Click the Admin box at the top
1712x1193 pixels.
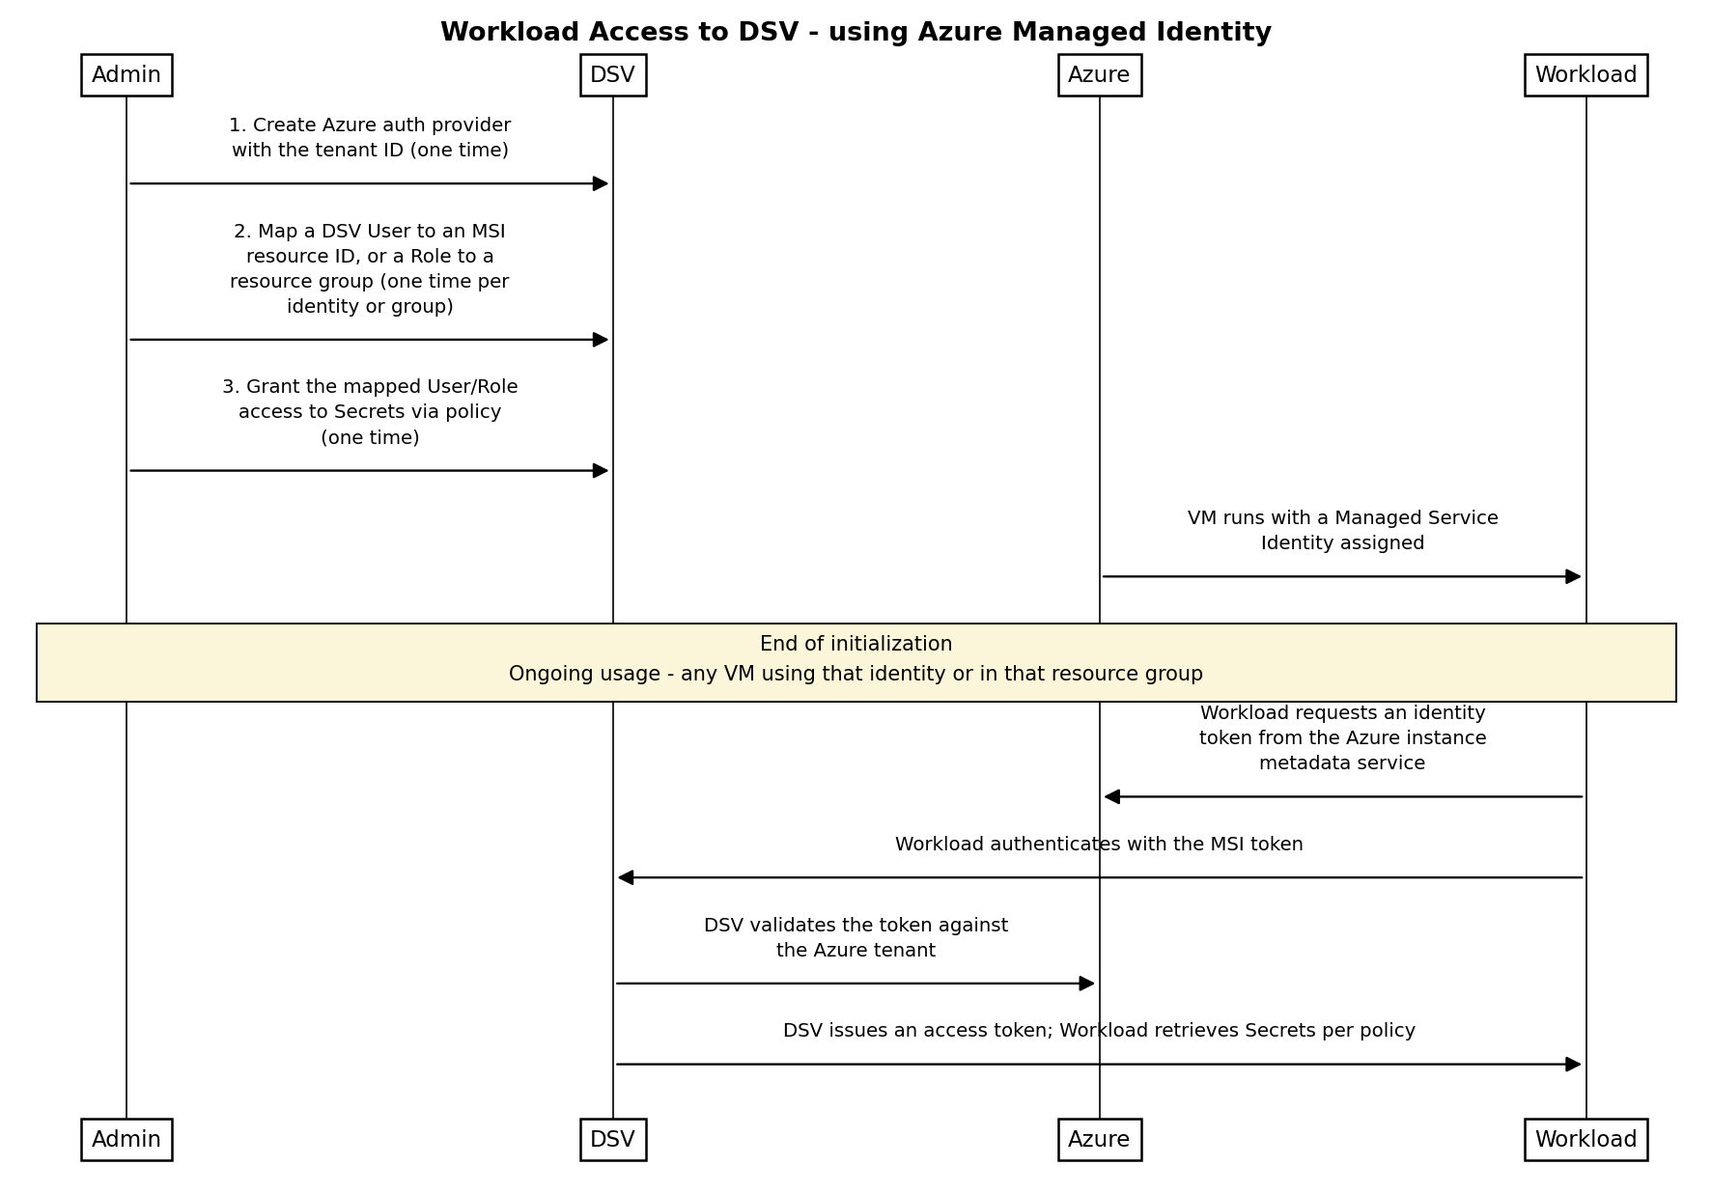coord(126,75)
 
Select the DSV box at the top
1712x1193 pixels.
coord(613,75)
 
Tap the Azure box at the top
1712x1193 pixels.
coord(1100,75)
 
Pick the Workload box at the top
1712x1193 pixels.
coord(1586,75)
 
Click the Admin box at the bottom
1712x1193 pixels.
coord(126,1140)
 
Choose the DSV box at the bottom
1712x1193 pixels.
coord(613,1140)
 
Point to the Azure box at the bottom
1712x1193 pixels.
coord(1100,1140)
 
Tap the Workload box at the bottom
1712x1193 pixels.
coord(1586,1140)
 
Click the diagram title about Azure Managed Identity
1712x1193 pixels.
coord(856,33)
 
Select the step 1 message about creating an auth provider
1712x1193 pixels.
coord(370,138)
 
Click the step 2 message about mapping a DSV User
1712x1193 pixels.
coord(370,269)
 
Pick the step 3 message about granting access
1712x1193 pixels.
coord(370,412)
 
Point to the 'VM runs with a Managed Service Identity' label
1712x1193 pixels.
coord(1343,531)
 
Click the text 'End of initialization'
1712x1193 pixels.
coord(856,644)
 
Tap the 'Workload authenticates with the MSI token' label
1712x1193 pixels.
coord(1099,845)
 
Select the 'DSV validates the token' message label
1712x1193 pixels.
coord(856,938)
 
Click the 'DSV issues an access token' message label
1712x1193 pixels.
coord(1099,1031)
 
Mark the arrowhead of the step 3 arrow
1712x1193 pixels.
coord(601,471)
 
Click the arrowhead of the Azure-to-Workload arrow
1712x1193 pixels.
coord(1574,577)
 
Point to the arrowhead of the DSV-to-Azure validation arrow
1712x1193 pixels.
coord(1087,984)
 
